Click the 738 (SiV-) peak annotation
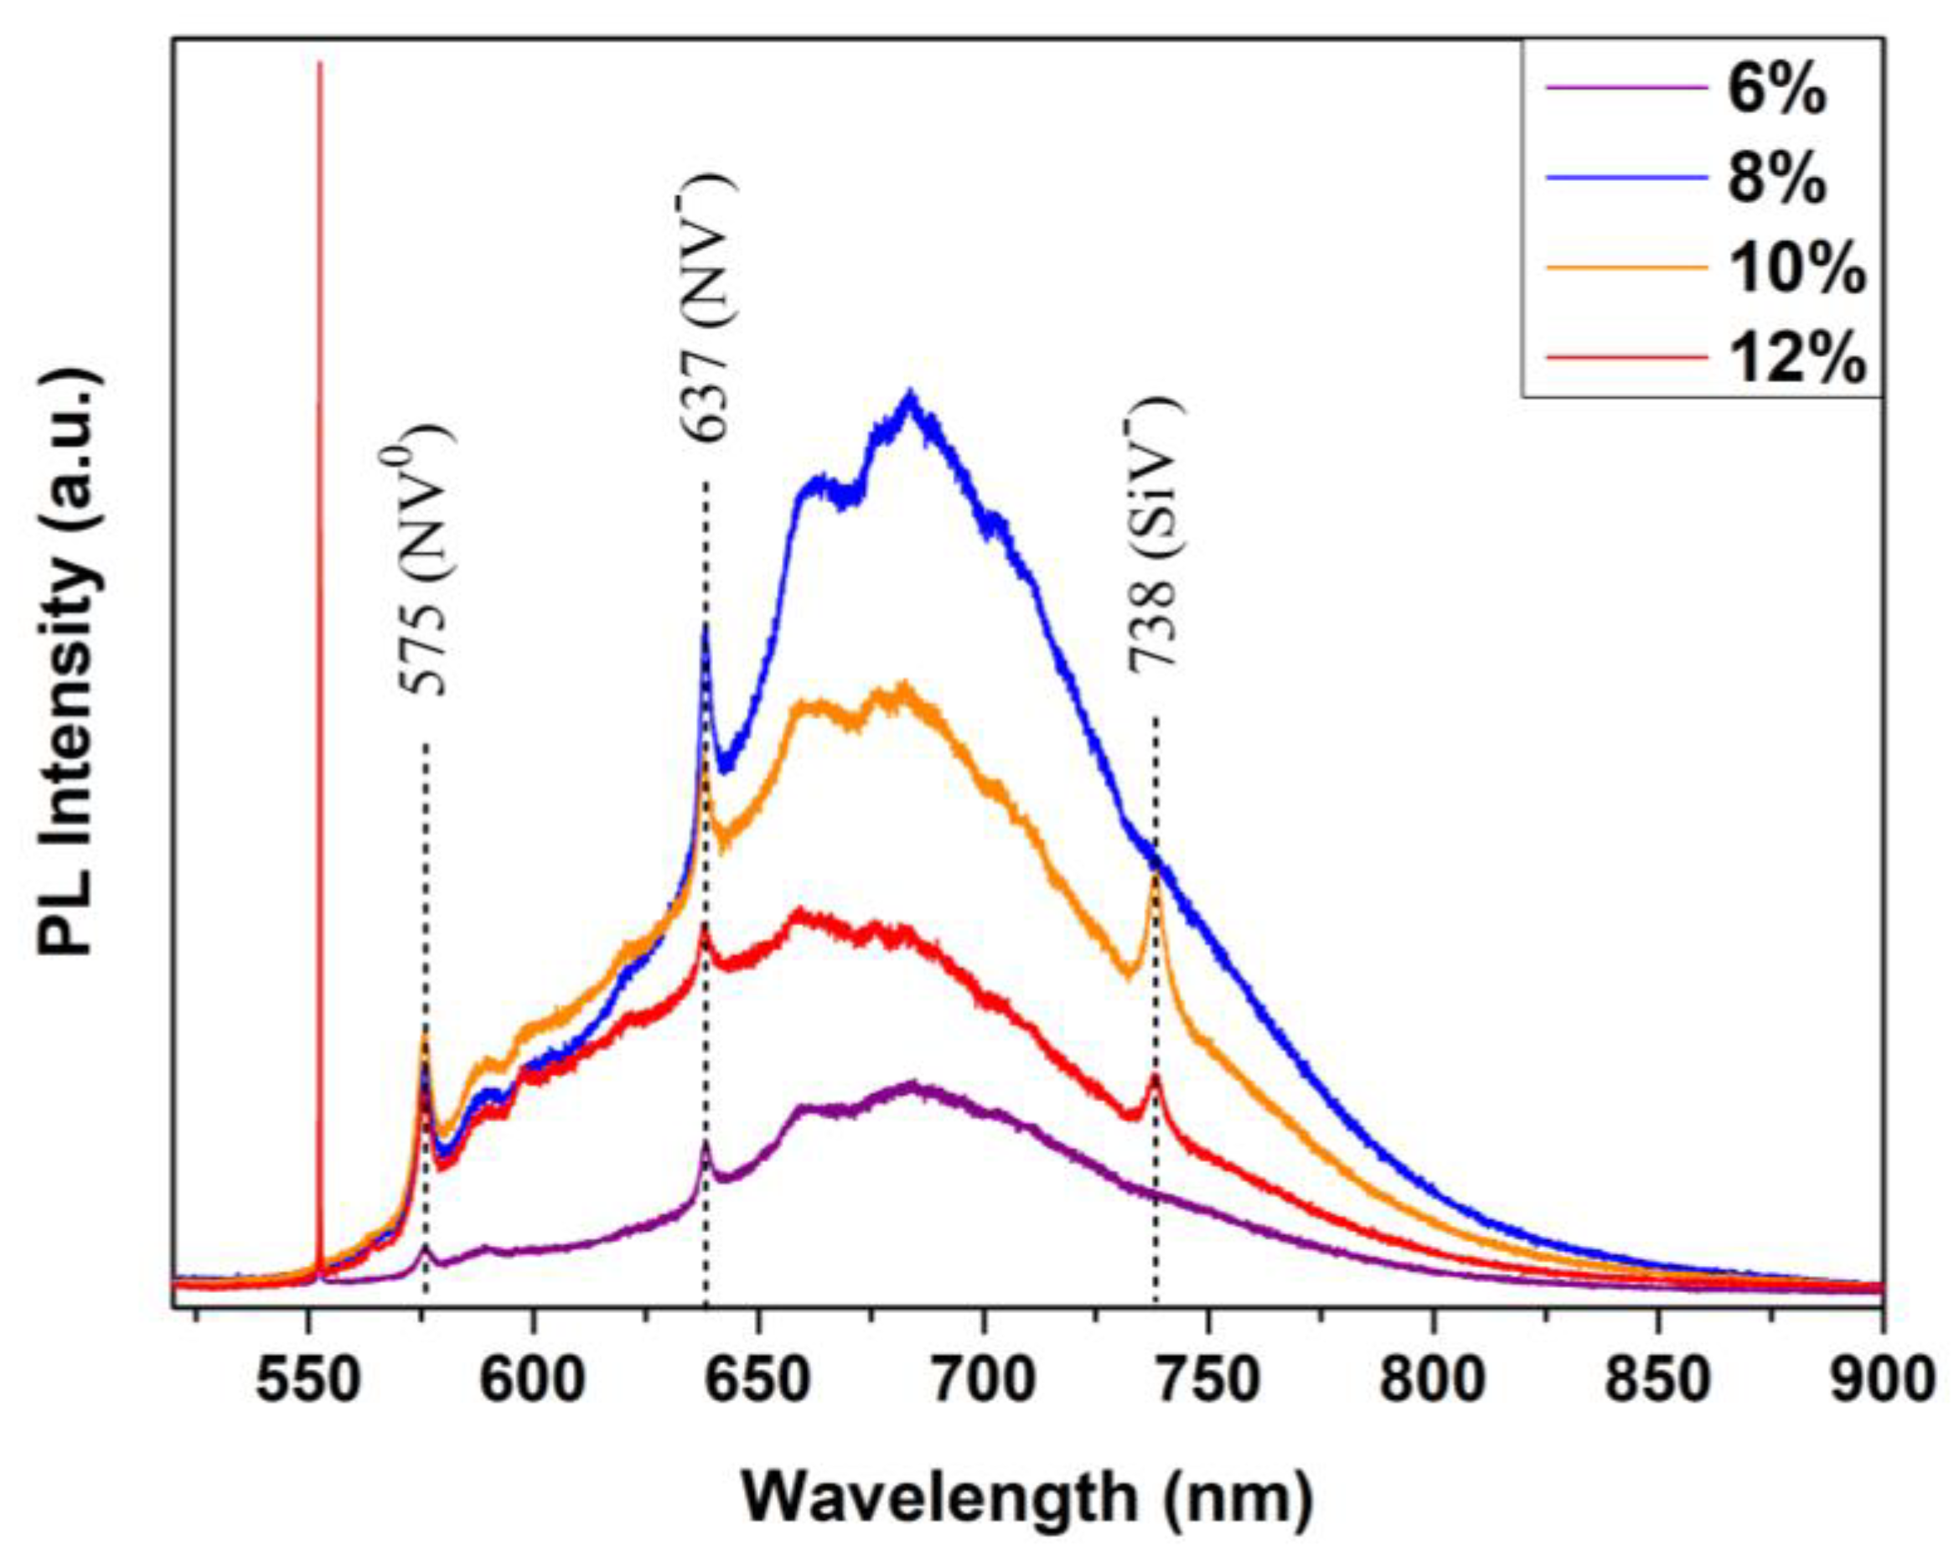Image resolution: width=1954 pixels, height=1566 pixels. [x=1155, y=535]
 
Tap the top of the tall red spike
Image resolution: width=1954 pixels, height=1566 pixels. [x=319, y=64]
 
